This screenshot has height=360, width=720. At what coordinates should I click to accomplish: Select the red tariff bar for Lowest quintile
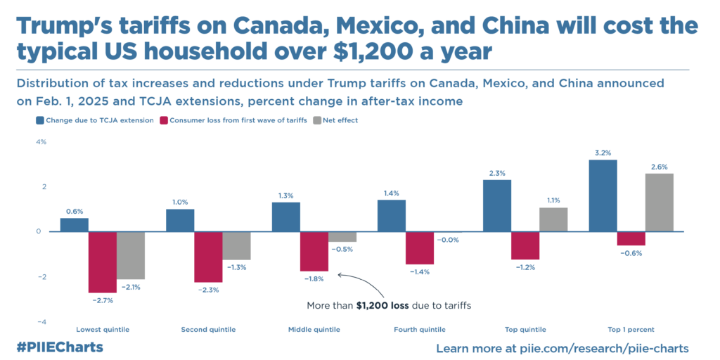pos(102,262)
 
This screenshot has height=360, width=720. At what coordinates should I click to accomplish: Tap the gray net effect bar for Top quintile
pos(553,219)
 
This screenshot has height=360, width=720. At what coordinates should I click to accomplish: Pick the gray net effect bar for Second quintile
pos(236,245)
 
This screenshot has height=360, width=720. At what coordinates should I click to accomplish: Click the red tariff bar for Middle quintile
pos(314,251)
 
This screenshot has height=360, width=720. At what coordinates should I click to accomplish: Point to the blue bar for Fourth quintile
pos(391,215)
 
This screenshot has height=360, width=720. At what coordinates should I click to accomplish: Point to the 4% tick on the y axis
pos(41,142)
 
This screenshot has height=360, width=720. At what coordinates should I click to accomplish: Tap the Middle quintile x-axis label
pos(314,329)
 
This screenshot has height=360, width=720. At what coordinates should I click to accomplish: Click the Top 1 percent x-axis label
pos(631,329)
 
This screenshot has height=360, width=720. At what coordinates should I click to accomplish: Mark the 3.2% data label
pos(603,153)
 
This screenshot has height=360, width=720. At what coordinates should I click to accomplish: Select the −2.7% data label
pos(103,300)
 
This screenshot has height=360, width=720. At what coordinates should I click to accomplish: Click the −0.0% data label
pos(448,240)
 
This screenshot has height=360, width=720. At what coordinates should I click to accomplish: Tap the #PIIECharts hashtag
pos(59,347)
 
